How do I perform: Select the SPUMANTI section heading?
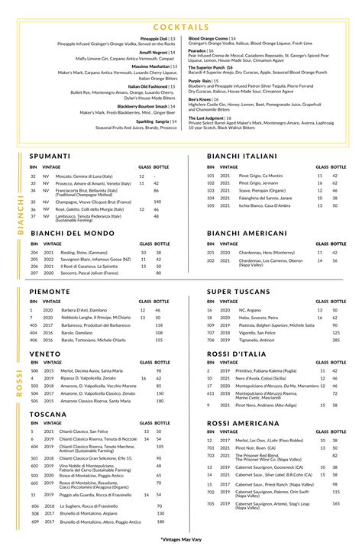click(50, 156)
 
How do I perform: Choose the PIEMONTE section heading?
click(50, 291)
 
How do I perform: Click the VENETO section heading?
click(45, 354)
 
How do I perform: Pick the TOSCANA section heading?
click(47, 413)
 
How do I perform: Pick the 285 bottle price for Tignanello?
click(336, 340)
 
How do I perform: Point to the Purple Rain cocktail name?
click(200, 79)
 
